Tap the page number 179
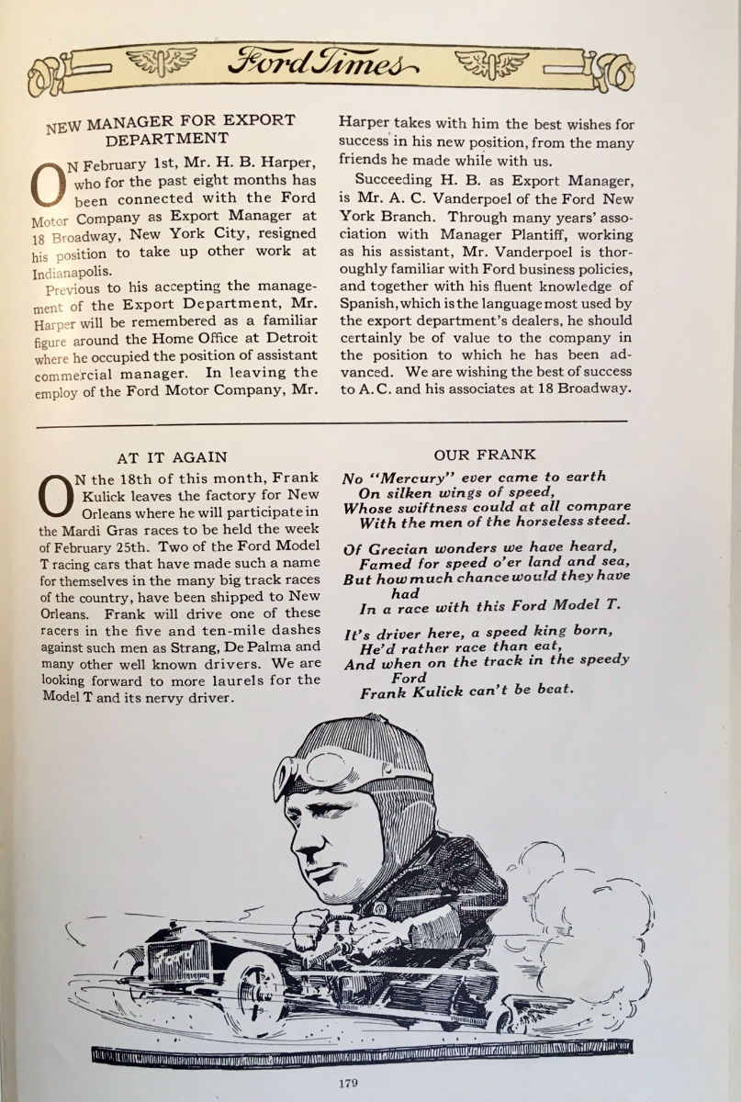pyautogui.click(x=347, y=1084)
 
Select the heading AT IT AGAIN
pyautogui.click(x=173, y=457)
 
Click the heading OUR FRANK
pyautogui.click(x=485, y=455)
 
